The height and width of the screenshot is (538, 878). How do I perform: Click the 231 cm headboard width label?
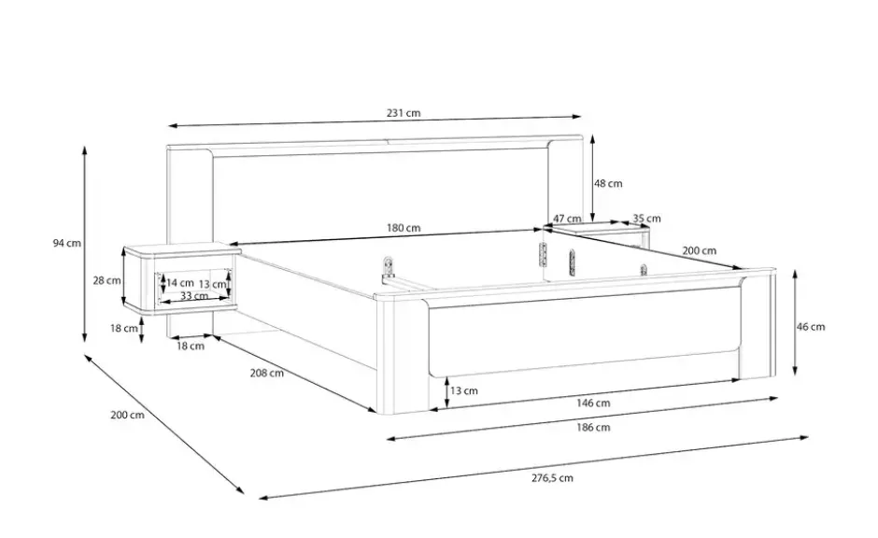click(x=404, y=112)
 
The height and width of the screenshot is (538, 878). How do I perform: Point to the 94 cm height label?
click(x=66, y=243)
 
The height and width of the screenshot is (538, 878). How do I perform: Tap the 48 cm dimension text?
click(x=608, y=183)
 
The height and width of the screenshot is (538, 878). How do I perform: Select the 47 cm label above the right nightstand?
click(x=567, y=219)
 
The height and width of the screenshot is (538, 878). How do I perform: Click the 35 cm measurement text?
click(x=646, y=219)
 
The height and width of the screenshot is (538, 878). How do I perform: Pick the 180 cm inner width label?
click(x=404, y=228)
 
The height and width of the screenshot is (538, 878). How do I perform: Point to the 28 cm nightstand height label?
click(x=107, y=280)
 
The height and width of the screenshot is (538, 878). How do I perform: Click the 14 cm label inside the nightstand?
click(x=179, y=283)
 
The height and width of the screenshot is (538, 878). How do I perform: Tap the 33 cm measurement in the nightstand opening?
click(x=194, y=295)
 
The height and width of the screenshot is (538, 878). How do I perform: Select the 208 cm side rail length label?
click(x=266, y=373)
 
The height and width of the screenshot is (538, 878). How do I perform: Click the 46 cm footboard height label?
click(x=811, y=326)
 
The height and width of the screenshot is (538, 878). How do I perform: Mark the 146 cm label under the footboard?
click(x=593, y=403)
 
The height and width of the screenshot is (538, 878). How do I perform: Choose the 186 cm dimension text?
click(x=593, y=427)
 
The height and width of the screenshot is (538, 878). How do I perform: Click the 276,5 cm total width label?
click(x=552, y=477)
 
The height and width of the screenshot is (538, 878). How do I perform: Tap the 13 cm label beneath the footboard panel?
click(x=464, y=390)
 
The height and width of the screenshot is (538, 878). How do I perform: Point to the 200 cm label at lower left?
click(x=127, y=415)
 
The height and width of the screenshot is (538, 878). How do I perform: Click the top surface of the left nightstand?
click(x=182, y=249)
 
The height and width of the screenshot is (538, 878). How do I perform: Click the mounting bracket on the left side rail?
click(x=388, y=268)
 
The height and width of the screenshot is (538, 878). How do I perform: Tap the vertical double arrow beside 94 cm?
click(x=85, y=244)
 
